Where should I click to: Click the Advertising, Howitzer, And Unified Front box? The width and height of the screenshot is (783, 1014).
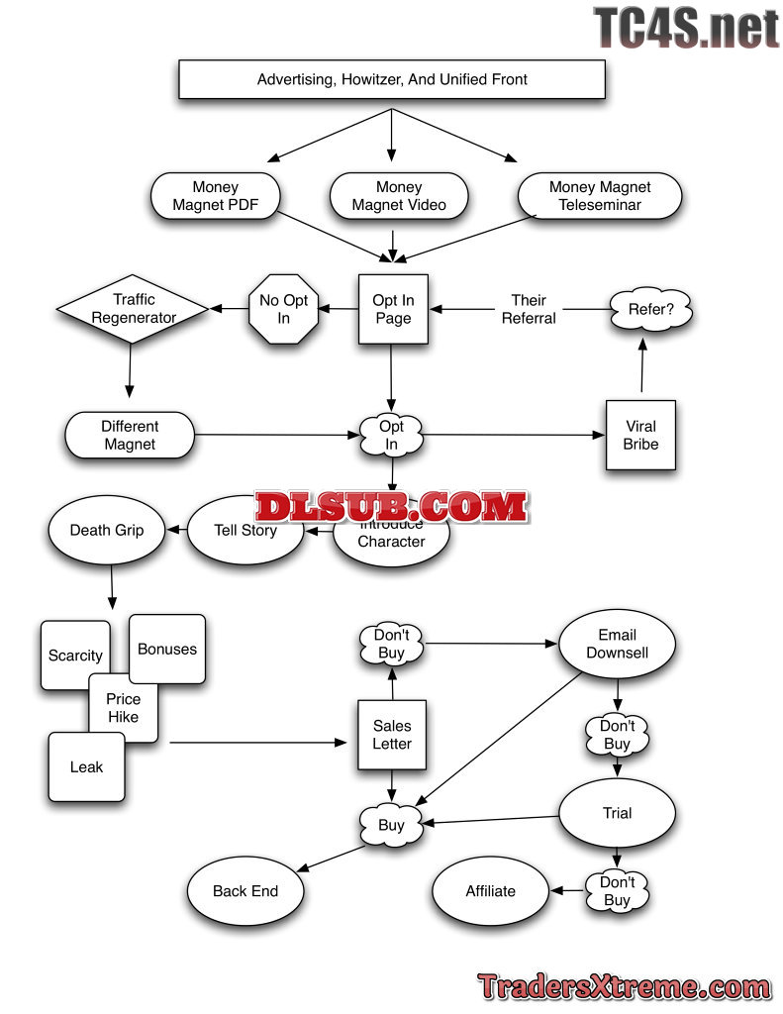391,79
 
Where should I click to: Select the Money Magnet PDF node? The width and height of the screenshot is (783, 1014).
215,196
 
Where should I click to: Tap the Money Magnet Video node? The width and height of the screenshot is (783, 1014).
398,196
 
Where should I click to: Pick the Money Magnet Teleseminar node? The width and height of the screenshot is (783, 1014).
600,196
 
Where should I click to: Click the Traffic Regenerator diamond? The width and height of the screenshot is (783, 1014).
133,309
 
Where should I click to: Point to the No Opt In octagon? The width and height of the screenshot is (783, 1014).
283,309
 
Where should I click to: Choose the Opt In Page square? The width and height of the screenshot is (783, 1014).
393,309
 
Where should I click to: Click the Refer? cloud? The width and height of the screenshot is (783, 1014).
650,310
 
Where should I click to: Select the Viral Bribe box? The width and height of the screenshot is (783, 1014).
640,436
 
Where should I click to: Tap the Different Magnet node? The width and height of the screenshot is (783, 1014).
130,436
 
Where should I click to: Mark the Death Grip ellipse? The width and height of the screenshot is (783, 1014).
106,530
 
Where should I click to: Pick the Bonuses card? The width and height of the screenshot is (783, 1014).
167,650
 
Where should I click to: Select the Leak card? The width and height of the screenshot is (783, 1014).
87,766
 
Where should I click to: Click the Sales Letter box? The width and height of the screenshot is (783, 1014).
392,736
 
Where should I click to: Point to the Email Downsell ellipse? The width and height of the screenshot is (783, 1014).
617,644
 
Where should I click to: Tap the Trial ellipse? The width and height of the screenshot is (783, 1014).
617,813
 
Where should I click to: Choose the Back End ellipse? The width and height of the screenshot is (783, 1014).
245,891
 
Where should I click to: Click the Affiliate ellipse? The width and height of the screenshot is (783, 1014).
491,891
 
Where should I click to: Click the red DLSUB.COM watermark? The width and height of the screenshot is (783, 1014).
391,507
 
